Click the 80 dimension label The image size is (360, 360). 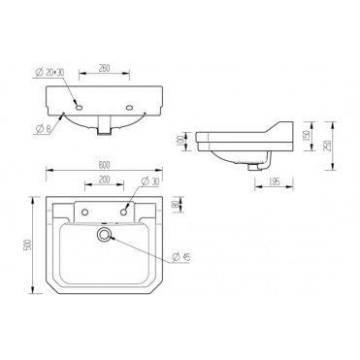click(175, 205)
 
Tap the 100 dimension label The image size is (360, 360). click(193, 143)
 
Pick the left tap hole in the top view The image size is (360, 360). click(85, 211)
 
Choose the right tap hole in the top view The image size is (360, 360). click(123, 211)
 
